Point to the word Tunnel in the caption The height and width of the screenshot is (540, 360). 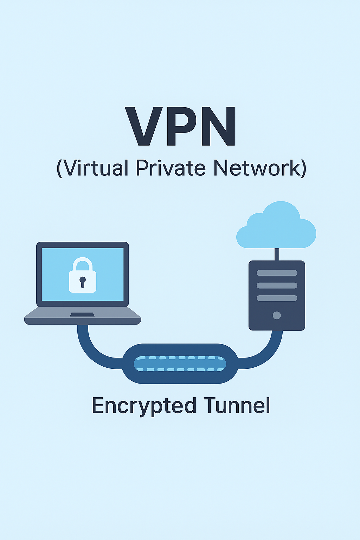click(x=237, y=406)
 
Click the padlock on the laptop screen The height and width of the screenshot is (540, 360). click(x=83, y=276)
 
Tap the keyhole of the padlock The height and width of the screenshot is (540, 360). click(x=83, y=281)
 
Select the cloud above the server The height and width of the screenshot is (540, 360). click(x=277, y=227)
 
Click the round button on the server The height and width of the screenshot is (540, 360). click(x=277, y=315)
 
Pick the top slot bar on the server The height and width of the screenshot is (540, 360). click(x=277, y=273)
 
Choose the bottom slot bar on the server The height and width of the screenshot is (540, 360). click(x=277, y=298)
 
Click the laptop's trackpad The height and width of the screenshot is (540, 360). click(x=82, y=314)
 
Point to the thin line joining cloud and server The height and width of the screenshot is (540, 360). click(x=277, y=254)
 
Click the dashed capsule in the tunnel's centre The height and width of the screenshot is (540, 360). click(x=180, y=364)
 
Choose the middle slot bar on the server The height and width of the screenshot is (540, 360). click(x=277, y=285)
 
